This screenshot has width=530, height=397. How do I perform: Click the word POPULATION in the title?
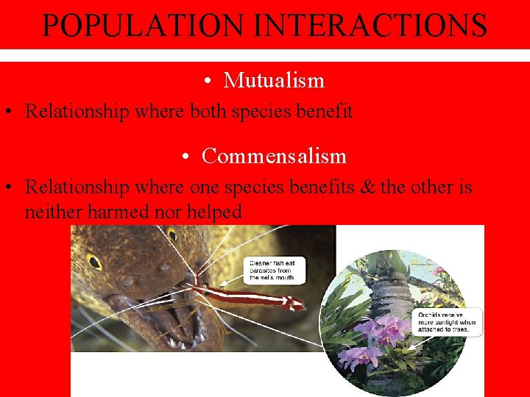click(144, 25)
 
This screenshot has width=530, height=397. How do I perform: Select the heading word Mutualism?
click(274, 80)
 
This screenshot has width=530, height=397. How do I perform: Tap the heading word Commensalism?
click(274, 156)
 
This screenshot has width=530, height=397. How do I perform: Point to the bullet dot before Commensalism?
click(188, 157)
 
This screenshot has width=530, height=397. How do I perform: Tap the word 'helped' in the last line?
click(213, 212)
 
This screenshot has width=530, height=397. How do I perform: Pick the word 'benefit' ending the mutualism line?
click(325, 112)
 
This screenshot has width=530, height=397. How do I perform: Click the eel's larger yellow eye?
click(94, 261)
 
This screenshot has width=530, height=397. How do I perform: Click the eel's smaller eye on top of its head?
click(173, 235)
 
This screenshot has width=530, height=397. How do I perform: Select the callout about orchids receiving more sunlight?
click(447, 322)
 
